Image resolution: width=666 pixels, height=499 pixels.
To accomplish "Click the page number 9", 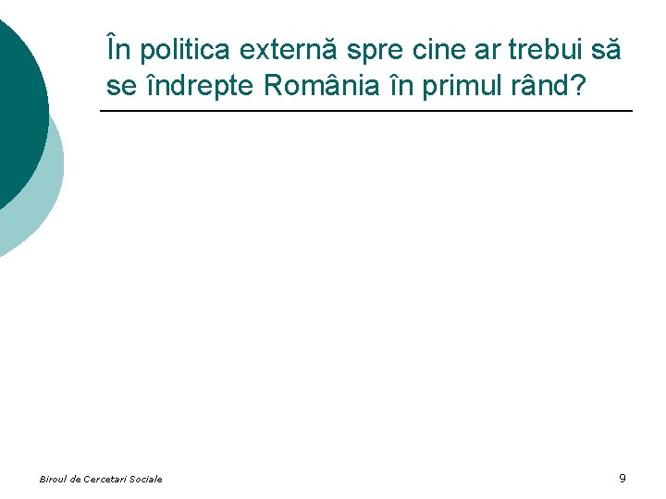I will tap(623, 478).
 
